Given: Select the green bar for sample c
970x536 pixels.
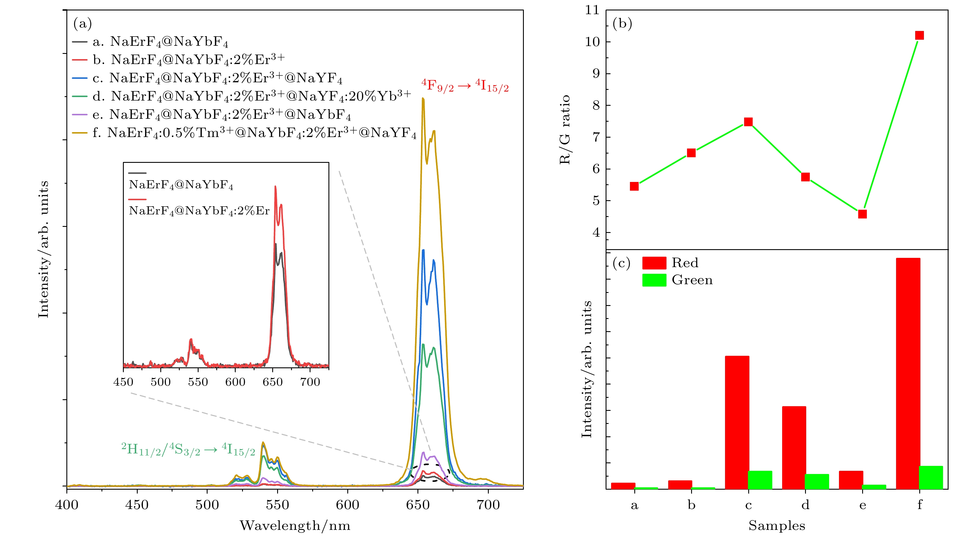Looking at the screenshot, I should point(760,480).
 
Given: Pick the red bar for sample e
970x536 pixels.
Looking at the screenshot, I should point(851,480).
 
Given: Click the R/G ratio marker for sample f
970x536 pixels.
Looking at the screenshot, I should point(919,35).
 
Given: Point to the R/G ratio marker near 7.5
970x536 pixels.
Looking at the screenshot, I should point(748,122).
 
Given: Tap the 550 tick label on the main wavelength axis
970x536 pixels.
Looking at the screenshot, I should point(277,505).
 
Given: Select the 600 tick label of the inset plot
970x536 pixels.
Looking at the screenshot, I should point(235,382).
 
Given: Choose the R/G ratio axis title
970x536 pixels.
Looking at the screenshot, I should point(565,130).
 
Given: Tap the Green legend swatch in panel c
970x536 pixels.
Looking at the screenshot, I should point(654,280).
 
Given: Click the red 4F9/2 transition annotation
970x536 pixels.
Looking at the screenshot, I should point(465,86).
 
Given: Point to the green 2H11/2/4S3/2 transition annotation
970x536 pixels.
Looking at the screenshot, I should point(188,449).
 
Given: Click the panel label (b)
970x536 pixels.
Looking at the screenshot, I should point(622,23).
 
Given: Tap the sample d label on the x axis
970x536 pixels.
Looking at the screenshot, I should point(805,505).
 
